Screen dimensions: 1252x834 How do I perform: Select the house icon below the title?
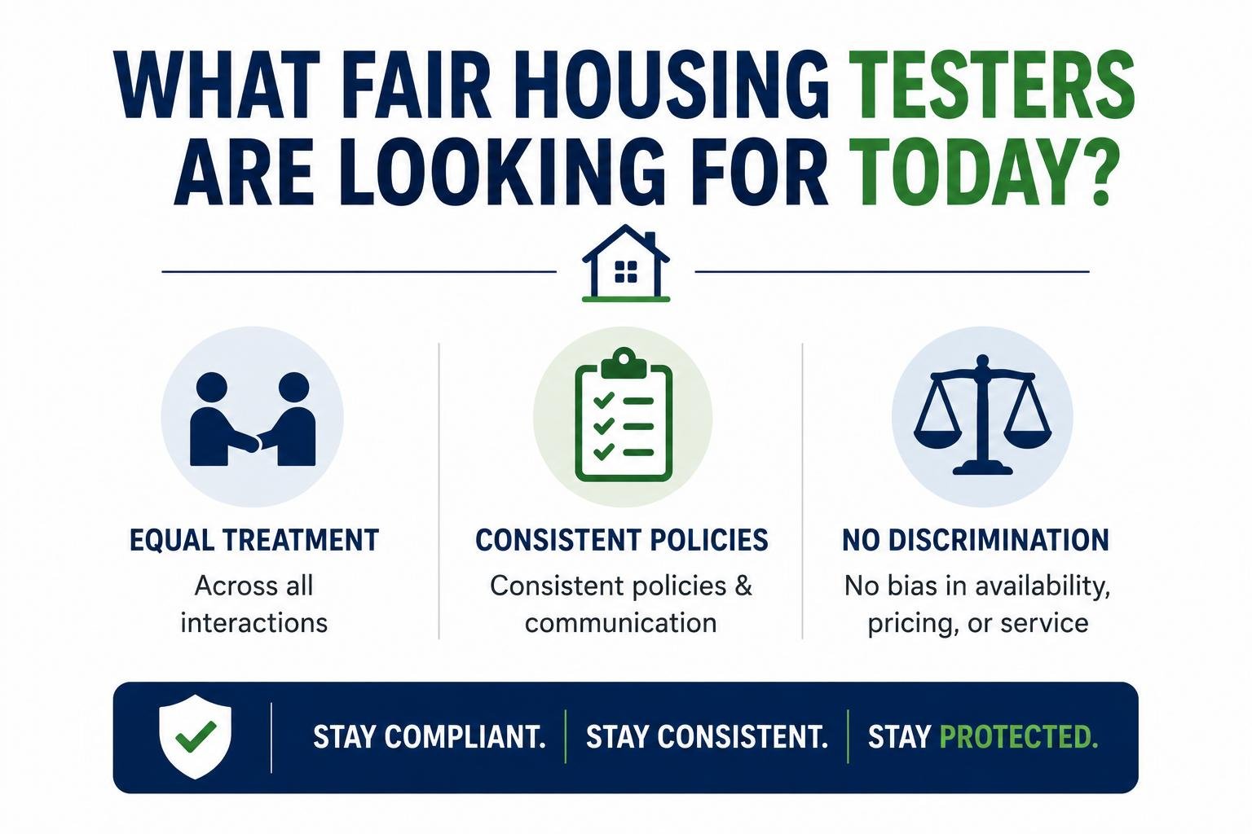point(626,263)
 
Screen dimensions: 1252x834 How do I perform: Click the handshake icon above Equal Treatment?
point(253,419)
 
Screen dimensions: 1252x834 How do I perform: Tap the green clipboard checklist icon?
point(624,415)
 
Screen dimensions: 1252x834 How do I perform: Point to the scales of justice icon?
point(982,415)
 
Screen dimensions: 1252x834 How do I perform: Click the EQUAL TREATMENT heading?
point(254,540)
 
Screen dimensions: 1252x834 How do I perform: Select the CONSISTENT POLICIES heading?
point(622,540)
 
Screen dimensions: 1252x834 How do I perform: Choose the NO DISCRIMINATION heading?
point(976,540)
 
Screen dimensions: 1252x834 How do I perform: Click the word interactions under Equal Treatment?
point(253,623)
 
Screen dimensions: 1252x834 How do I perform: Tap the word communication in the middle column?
point(620,623)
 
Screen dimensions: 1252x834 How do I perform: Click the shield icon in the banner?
point(195,736)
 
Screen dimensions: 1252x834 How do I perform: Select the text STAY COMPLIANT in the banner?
point(430,737)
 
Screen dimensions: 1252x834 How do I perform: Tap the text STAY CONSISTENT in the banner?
point(707,737)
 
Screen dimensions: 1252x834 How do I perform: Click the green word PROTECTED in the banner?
point(1019,737)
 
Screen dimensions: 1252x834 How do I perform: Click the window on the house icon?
point(626,272)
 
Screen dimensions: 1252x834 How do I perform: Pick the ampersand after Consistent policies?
point(743,586)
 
